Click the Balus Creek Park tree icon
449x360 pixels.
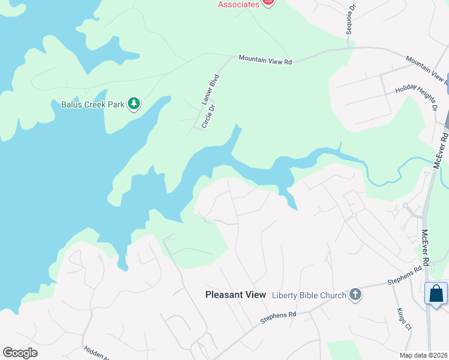tap(134, 104)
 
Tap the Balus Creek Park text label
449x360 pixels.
tap(92, 104)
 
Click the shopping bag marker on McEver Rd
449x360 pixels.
tap(436, 294)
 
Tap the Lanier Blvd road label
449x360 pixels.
tap(211, 90)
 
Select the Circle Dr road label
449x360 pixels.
tap(208, 116)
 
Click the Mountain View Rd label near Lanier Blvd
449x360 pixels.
tap(265, 60)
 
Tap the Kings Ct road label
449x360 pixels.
tap(404, 319)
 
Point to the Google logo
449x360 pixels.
tap(20, 353)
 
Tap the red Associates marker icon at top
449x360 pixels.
tap(268, 3)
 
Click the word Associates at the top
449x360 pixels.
tap(238, 4)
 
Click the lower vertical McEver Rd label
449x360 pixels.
tap(426, 248)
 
